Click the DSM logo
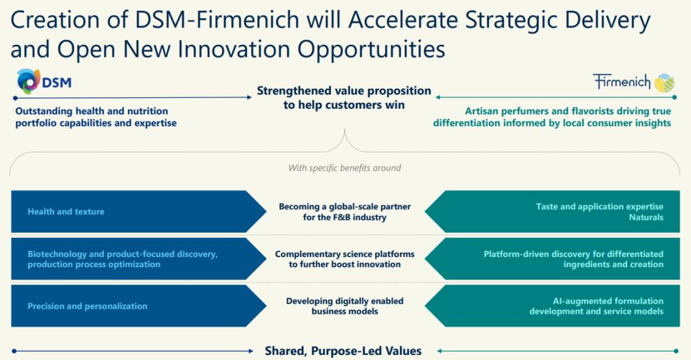pyautogui.click(x=44, y=81)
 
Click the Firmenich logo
pyautogui.click(x=633, y=82)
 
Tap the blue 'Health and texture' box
pyautogui.click(x=138, y=212)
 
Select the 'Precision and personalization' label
pyautogui.click(x=87, y=306)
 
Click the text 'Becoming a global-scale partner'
pyautogui.click(x=345, y=207)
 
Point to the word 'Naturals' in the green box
pyautogui.click(x=646, y=217)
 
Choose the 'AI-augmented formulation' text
pyautogui.click(x=608, y=301)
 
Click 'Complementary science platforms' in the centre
pyautogui.click(x=345, y=254)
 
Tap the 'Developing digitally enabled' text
pyautogui.click(x=345, y=301)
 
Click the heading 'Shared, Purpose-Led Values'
pyautogui.click(x=344, y=351)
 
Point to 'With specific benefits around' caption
pyautogui.click(x=345, y=168)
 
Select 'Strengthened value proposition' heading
pyautogui.click(x=344, y=91)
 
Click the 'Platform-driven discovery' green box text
pyautogui.click(x=573, y=259)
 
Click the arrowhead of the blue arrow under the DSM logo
pyautogui.click(x=249, y=97)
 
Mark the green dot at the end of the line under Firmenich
pyautogui.click(x=675, y=97)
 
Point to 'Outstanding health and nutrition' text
pyautogui.click(x=91, y=111)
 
